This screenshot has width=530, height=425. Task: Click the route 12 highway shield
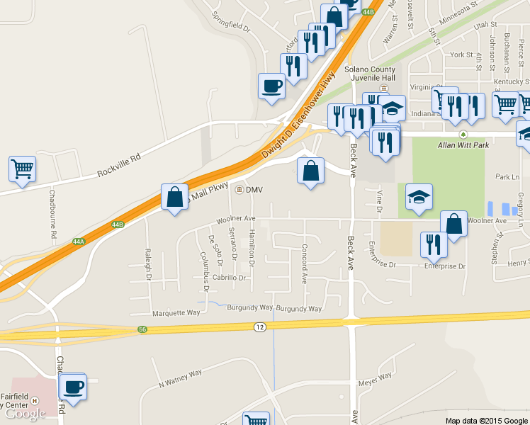click(259, 326)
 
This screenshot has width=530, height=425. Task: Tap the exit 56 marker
click(143, 329)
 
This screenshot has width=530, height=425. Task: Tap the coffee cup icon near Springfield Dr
click(272, 86)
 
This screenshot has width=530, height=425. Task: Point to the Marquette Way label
click(176, 312)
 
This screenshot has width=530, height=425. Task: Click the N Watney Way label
click(180, 377)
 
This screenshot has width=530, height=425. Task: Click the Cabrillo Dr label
click(227, 278)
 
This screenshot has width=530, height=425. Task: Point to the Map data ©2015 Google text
click(486, 421)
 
